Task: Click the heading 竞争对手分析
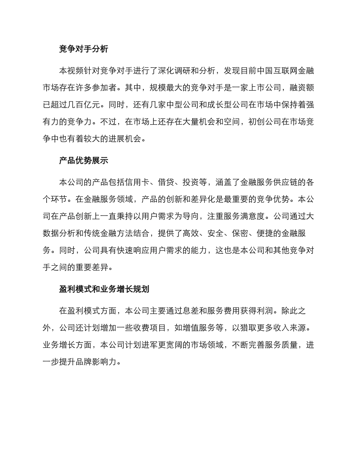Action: click(84, 49)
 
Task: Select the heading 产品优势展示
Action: click(84, 161)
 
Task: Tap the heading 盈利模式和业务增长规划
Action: click(104, 289)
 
